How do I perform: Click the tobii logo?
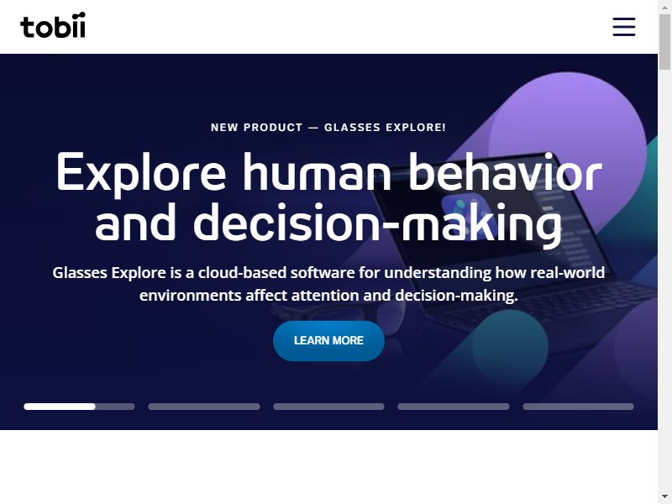[x=53, y=25]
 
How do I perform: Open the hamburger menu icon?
[x=624, y=27]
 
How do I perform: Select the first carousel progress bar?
[x=79, y=407]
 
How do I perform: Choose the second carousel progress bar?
[x=204, y=407]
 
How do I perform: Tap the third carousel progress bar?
[x=328, y=407]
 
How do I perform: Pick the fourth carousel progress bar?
[x=454, y=407]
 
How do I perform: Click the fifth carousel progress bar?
[x=578, y=407]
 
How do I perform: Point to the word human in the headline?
[x=318, y=171]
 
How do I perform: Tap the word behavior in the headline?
[x=506, y=171]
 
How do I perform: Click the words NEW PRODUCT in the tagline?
[x=257, y=128]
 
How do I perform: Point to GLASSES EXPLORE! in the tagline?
[x=385, y=128]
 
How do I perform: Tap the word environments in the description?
[x=191, y=296]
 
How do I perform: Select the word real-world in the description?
[x=568, y=272]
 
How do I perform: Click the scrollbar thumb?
[x=664, y=42]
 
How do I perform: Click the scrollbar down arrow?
[x=664, y=497]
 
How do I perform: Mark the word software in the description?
[x=323, y=272]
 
